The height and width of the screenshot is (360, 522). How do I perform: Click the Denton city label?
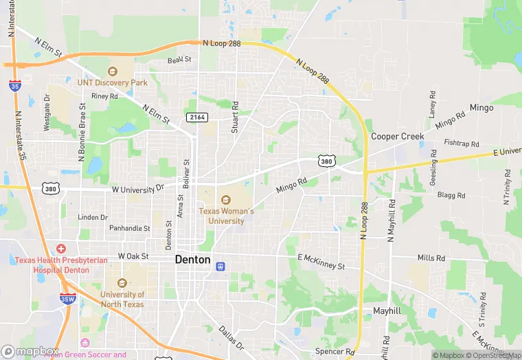pos(192,259)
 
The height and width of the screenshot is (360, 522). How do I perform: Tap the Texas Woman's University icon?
pos(226,200)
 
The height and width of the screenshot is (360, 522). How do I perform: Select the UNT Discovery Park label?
pos(112,82)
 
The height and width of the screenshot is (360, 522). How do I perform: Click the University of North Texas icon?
pos(122,283)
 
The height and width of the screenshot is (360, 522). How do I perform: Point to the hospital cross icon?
pos(61,248)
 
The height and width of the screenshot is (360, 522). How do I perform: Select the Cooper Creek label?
pos(398,136)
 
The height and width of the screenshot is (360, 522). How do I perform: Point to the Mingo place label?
pos(481,108)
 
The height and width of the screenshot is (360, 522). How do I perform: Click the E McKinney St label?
pos(321,262)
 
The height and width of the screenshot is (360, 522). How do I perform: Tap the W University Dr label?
pos(139,187)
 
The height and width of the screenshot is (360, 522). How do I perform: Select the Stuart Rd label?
pos(235,117)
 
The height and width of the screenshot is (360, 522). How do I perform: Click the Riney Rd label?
pos(104,96)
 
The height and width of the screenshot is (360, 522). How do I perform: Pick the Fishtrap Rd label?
pos(462,144)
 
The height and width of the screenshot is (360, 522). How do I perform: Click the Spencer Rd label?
pos(334,351)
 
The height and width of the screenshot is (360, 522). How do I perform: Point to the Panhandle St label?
pos(129,228)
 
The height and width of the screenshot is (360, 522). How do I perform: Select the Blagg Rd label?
pos(451,195)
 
